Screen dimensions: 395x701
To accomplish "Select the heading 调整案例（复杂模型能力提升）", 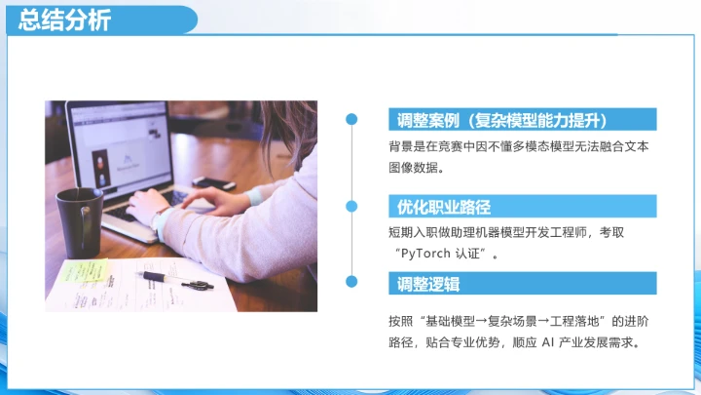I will click(x=502, y=120).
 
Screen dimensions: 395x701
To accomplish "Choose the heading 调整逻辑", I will click(x=428, y=284).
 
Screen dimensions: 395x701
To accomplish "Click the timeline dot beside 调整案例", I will click(x=352, y=119).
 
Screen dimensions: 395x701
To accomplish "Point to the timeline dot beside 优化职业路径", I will click(x=352, y=206).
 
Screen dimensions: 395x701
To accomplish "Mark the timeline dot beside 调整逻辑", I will click(x=352, y=283).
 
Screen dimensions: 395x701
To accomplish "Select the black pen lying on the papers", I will click(x=180, y=281).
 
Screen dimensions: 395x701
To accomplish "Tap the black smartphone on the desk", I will click(x=213, y=182).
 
